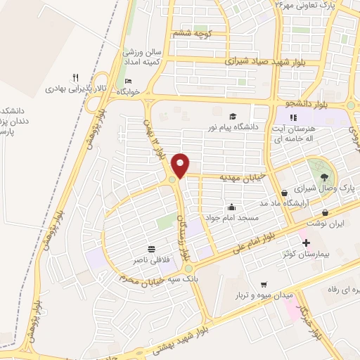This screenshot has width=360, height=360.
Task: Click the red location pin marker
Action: (x=181, y=165)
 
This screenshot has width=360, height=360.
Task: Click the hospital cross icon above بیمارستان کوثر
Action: (x=306, y=243)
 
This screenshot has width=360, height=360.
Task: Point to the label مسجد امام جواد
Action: (x=233, y=218)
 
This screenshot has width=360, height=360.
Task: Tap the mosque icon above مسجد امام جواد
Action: (x=233, y=207)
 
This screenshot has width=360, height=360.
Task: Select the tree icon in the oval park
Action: (x=323, y=177)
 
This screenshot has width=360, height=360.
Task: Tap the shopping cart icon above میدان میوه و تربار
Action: (x=264, y=285)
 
